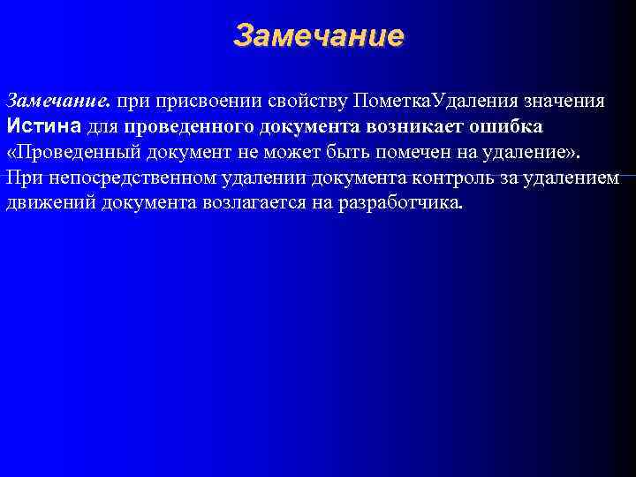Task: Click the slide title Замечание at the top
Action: pyautogui.click(x=318, y=36)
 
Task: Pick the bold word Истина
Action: pyautogui.click(x=43, y=125)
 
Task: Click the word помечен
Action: pyautogui.click(x=424, y=151)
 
